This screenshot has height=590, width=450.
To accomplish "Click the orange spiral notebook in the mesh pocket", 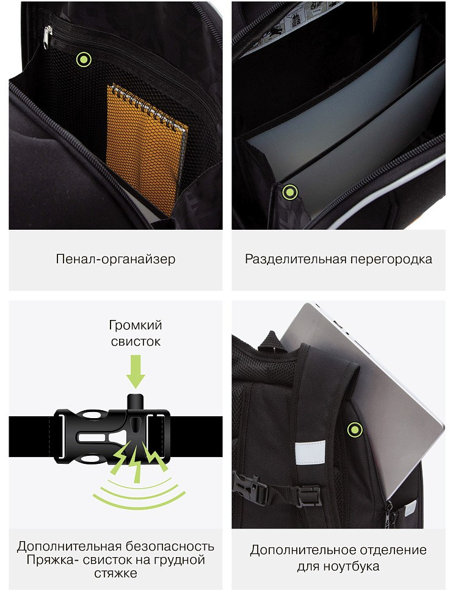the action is point(147,151).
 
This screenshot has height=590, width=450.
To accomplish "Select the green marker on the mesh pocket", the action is point(84,60).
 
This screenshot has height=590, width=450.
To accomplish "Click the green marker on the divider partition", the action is point(290,192).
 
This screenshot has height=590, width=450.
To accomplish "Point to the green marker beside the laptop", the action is point(355,429).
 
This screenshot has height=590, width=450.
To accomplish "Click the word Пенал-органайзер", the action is point(115,259).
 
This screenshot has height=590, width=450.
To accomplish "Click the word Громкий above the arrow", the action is point(136,325).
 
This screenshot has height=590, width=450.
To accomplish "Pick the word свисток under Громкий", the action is point(136,342).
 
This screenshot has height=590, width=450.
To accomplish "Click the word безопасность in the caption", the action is point(170,546).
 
